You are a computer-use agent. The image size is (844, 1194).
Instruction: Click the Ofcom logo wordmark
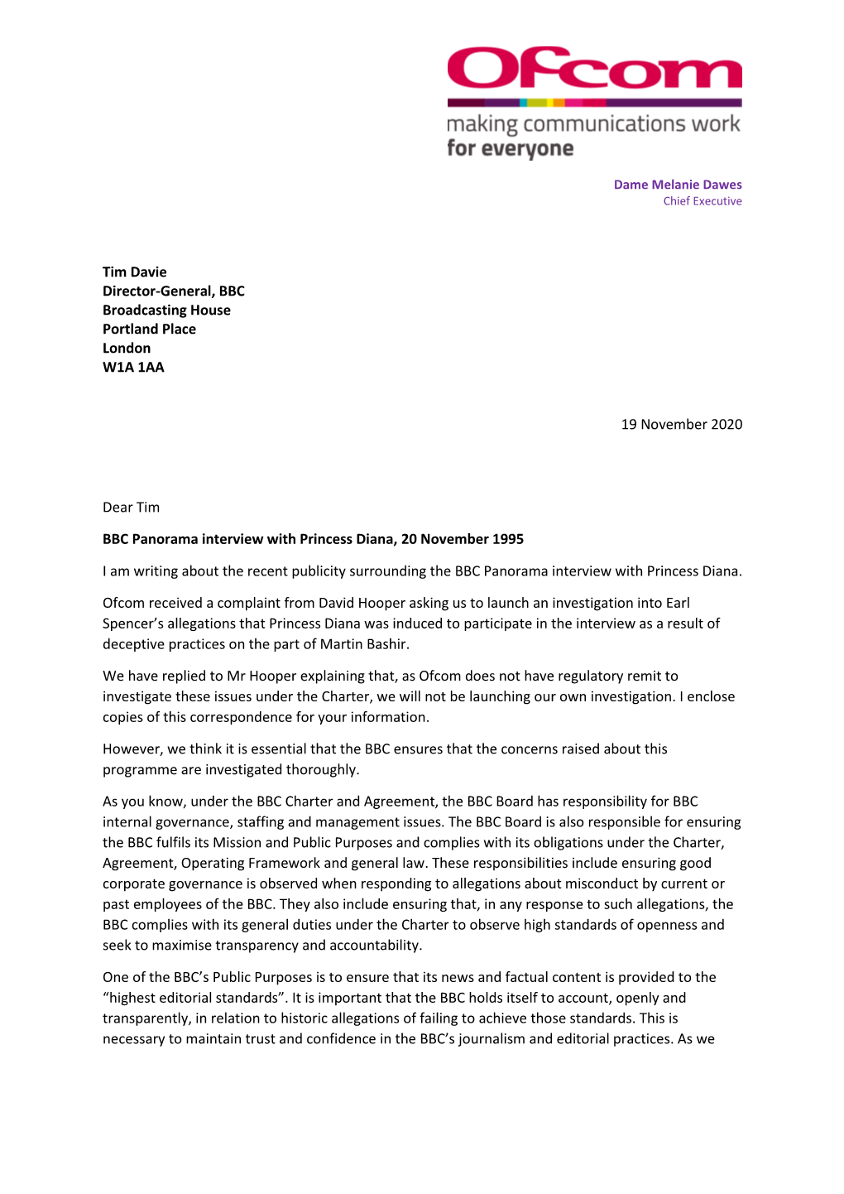coord(594,69)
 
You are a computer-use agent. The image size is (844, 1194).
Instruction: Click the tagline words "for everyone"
coord(510,149)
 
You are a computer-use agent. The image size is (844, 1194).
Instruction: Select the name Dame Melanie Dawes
coord(677,185)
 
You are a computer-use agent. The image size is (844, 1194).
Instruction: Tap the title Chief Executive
coord(702,201)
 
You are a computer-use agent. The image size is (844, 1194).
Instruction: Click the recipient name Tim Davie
coord(134,272)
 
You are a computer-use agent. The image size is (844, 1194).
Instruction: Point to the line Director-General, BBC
coord(173,291)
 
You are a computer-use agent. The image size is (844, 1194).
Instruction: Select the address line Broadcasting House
coord(166,311)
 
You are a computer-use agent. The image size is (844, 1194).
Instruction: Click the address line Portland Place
coord(149,330)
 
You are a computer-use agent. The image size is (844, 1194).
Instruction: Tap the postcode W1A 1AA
coord(133,368)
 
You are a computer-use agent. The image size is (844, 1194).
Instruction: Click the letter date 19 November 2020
coord(681,425)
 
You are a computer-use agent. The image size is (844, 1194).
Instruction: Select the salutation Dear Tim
coord(131,508)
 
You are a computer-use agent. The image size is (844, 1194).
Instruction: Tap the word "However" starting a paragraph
coord(132,749)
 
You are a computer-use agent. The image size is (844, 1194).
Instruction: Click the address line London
coord(127,349)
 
